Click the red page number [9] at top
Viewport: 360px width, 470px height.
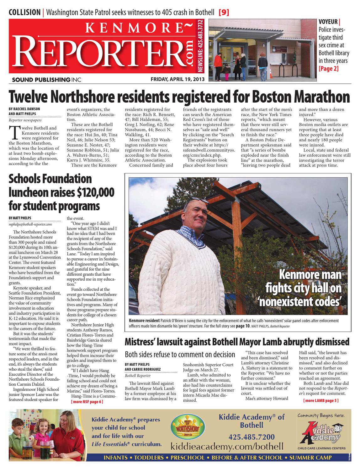tap(224, 13)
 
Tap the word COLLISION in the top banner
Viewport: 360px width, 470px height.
tap(24, 13)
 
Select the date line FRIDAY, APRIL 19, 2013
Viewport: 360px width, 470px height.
tap(177, 79)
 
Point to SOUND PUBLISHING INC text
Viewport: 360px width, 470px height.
tap(46, 80)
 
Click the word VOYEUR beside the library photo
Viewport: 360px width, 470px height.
tap(328, 22)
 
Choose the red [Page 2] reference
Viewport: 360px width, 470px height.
tap(328, 68)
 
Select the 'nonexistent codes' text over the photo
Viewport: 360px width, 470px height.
tap(304, 301)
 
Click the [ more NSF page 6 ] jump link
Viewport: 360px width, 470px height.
tap(87, 402)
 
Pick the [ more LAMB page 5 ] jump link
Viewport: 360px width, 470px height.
tap(321, 400)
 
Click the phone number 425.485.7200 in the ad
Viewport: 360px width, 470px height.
tap(251, 437)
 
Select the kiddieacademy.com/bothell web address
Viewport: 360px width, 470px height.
tap(227, 446)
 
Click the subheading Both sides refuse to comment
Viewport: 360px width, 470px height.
tap(180, 354)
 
